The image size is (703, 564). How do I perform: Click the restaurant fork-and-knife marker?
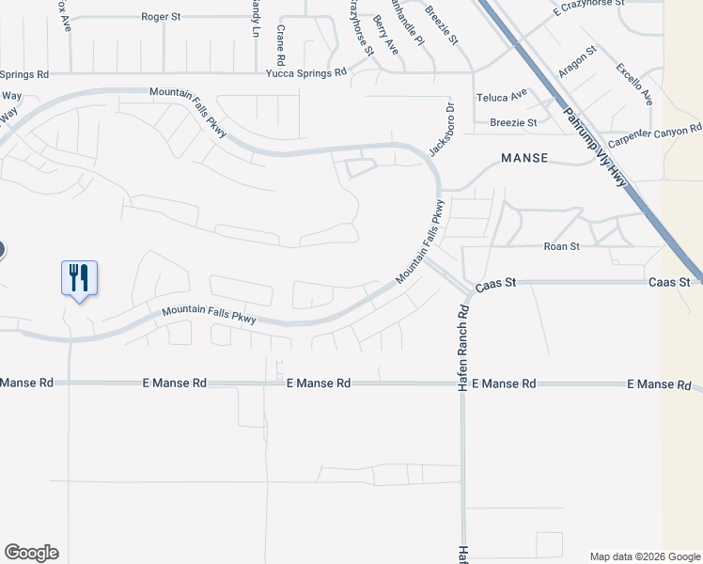(x=79, y=278)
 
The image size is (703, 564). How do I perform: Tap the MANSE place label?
(x=524, y=158)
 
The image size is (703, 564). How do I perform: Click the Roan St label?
(x=562, y=246)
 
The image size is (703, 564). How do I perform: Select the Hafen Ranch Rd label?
(x=463, y=348)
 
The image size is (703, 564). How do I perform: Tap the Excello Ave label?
(x=633, y=83)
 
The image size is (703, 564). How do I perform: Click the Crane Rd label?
(x=280, y=39)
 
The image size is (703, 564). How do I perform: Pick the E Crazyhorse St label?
(x=589, y=6)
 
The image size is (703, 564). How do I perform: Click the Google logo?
(x=31, y=553)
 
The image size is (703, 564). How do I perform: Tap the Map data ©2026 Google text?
(x=645, y=556)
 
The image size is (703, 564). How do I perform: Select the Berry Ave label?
(x=385, y=33)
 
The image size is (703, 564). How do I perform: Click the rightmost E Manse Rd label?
(x=659, y=384)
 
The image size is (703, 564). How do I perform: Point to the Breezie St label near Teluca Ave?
(x=513, y=122)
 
